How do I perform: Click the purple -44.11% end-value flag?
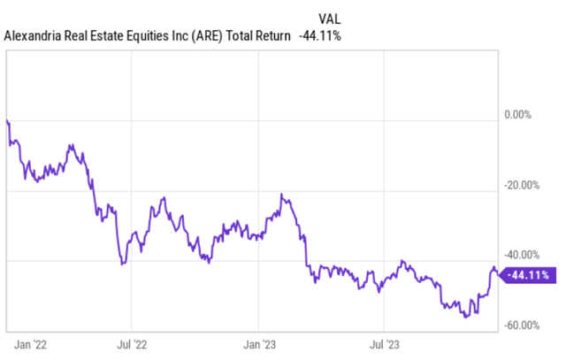[527, 275]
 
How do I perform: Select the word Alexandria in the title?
[34, 36]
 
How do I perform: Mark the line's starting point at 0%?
[7, 120]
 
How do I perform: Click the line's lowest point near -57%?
[466, 317]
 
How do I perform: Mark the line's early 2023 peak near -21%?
[282, 194]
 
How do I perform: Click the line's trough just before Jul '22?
[123, 264]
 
